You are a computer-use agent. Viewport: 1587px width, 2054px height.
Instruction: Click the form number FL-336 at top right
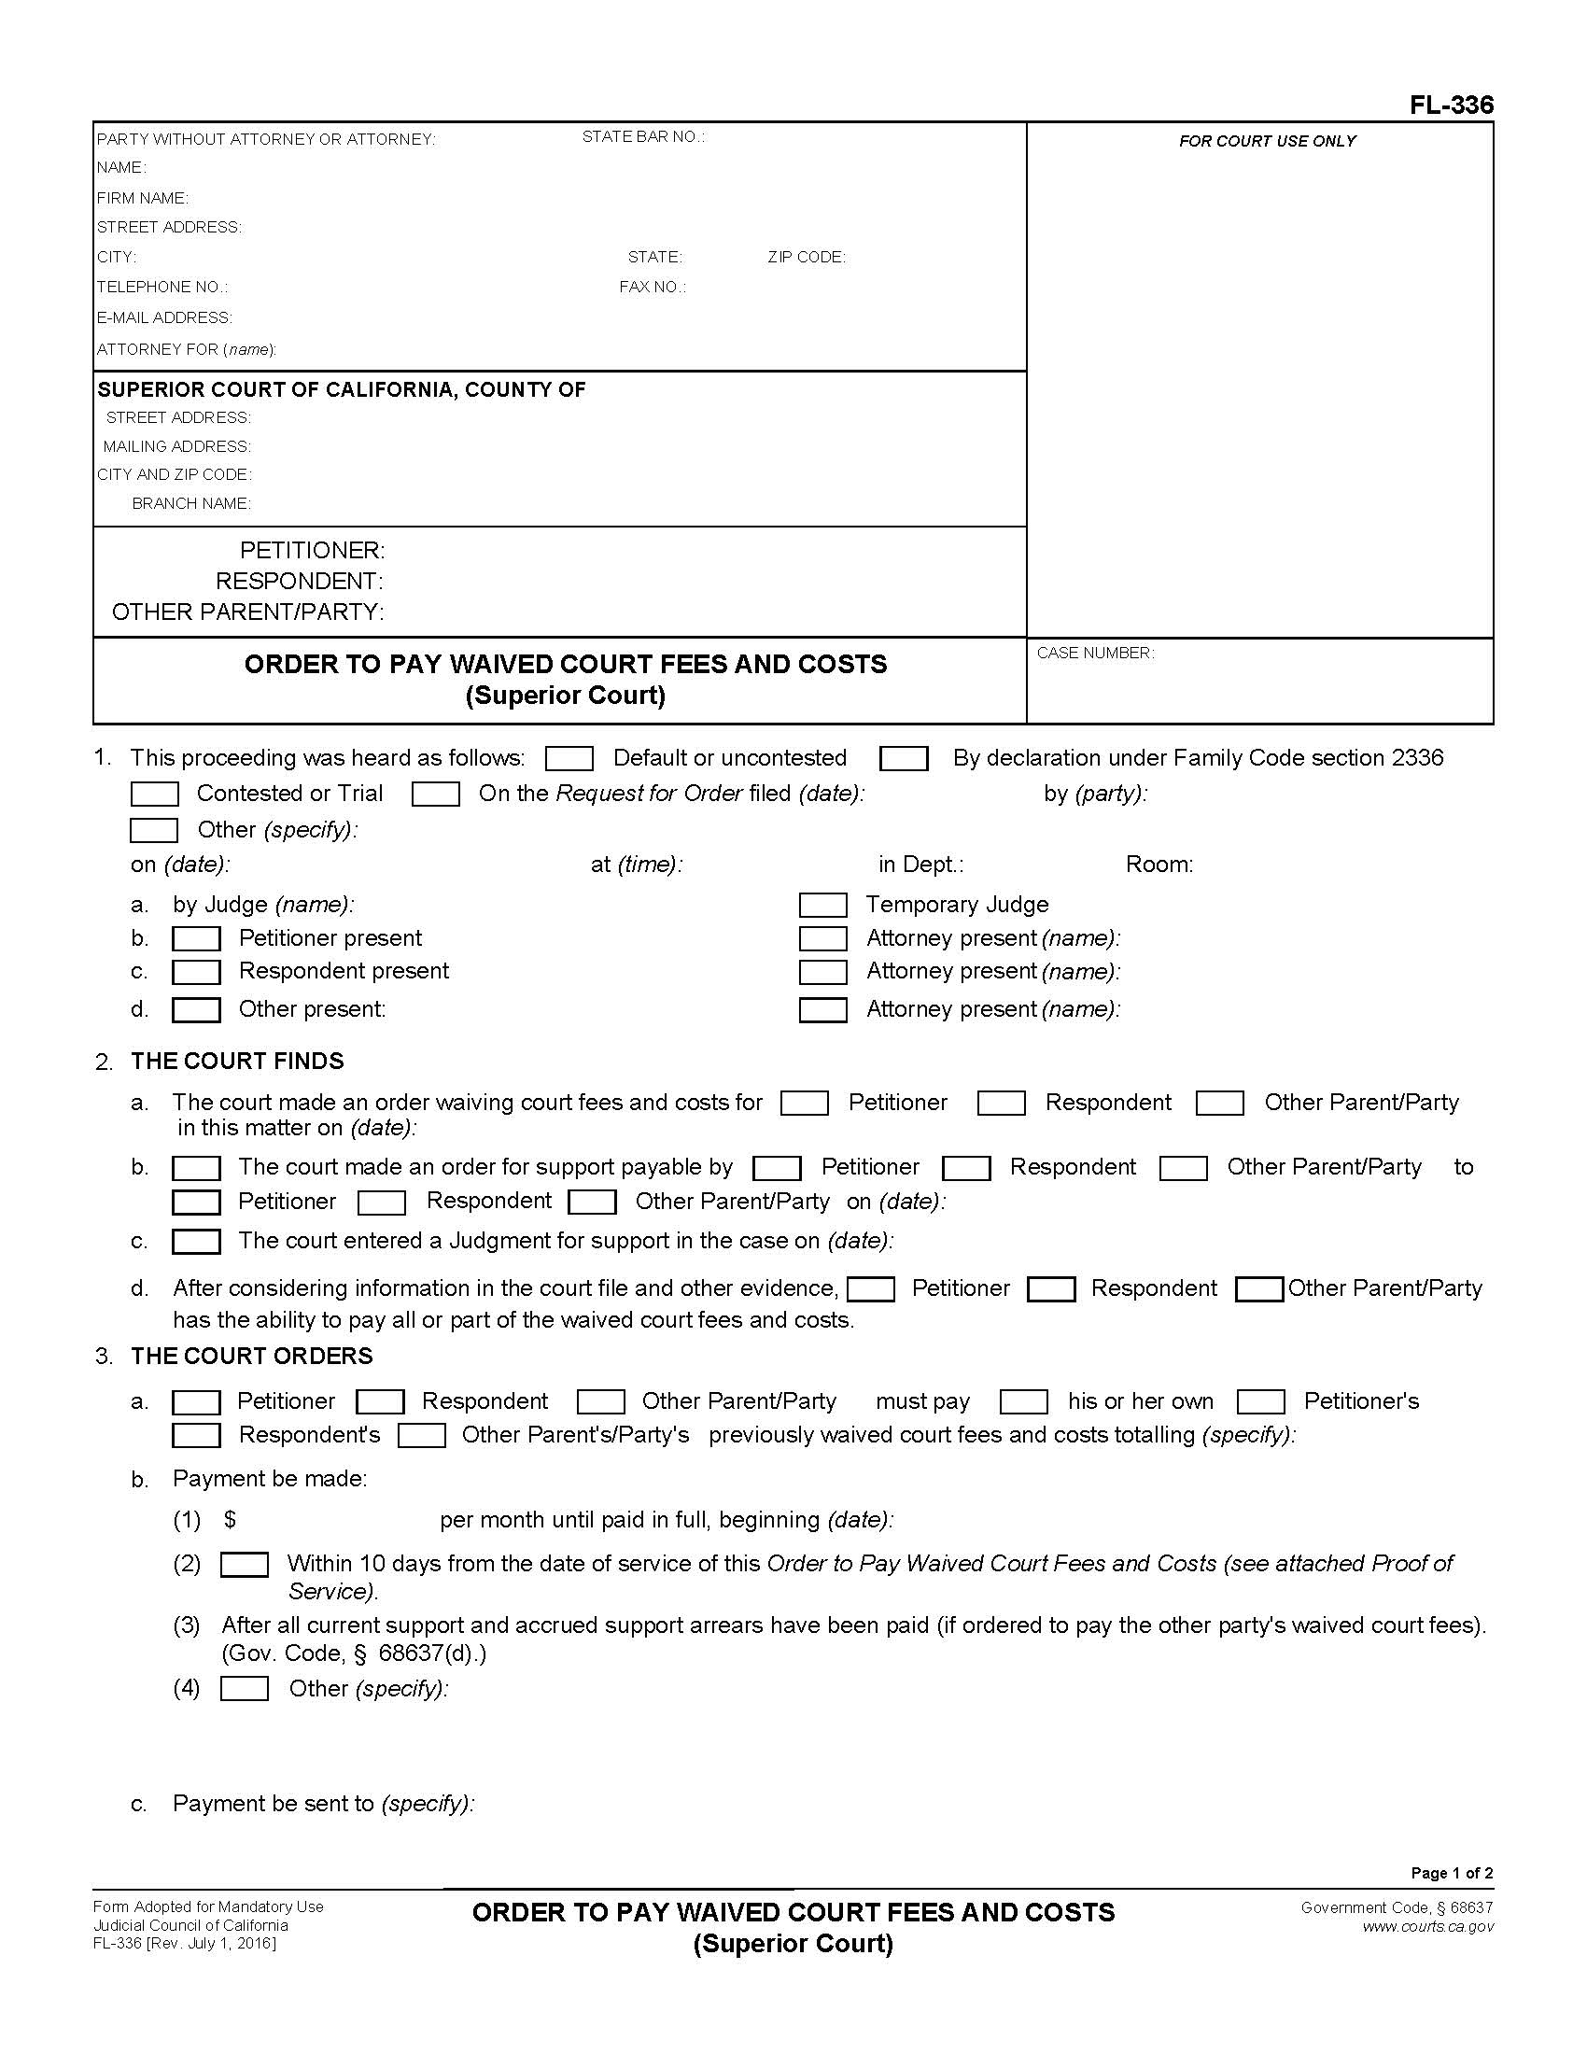(x=1451, y=106)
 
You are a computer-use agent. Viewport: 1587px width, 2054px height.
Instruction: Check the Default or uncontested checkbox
(x=569, y=758)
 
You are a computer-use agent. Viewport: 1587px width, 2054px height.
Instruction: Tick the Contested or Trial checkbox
(x=154, y=795)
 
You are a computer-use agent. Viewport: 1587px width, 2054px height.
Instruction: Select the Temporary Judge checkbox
(x=822, y=905)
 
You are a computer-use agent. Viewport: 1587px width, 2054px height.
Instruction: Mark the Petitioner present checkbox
(x=196, y=938)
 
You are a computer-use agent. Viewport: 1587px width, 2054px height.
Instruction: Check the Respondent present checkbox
(x=196, y=972)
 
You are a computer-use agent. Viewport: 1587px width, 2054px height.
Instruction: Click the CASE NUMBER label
(x=1095, y=653)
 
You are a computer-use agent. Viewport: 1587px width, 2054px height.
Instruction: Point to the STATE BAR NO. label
(x=643, y=137)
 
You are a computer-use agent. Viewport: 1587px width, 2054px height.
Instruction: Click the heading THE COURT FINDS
(x=237, y=1061)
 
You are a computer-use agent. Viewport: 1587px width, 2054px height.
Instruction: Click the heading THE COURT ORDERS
(x=251, y=1356)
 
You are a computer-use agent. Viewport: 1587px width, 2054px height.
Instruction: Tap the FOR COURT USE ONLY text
(x=1268, y=141)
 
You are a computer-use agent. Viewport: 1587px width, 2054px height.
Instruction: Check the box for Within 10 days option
(x=245, y=1564)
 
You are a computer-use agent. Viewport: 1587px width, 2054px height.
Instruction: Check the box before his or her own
(x=1024, y=1401)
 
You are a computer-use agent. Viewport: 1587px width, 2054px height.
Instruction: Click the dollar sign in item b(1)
(x=231, y=1520)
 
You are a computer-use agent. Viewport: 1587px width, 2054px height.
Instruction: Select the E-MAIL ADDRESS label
(x=164, y=317)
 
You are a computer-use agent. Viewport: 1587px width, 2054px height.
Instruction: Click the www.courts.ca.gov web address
(x=1427, y=1926)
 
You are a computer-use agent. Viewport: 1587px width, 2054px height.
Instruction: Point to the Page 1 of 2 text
(x=1452, y=1873)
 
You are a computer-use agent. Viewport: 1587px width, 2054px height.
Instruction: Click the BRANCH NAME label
(x=190, y=504)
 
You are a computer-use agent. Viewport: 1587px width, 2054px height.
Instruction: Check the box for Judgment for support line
(x=196, y=1242)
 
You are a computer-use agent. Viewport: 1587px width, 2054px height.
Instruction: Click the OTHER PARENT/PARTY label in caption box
(x=247, y=612)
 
